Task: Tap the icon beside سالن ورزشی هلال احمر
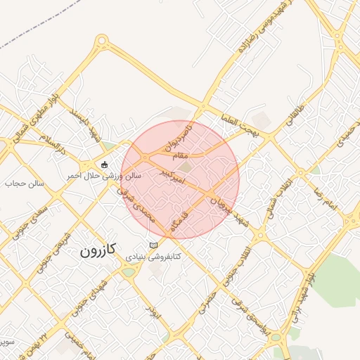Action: click(x=105, y=165)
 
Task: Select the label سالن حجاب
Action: click(x=25, y=184)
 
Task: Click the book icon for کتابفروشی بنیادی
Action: click(x=153, y=245)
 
